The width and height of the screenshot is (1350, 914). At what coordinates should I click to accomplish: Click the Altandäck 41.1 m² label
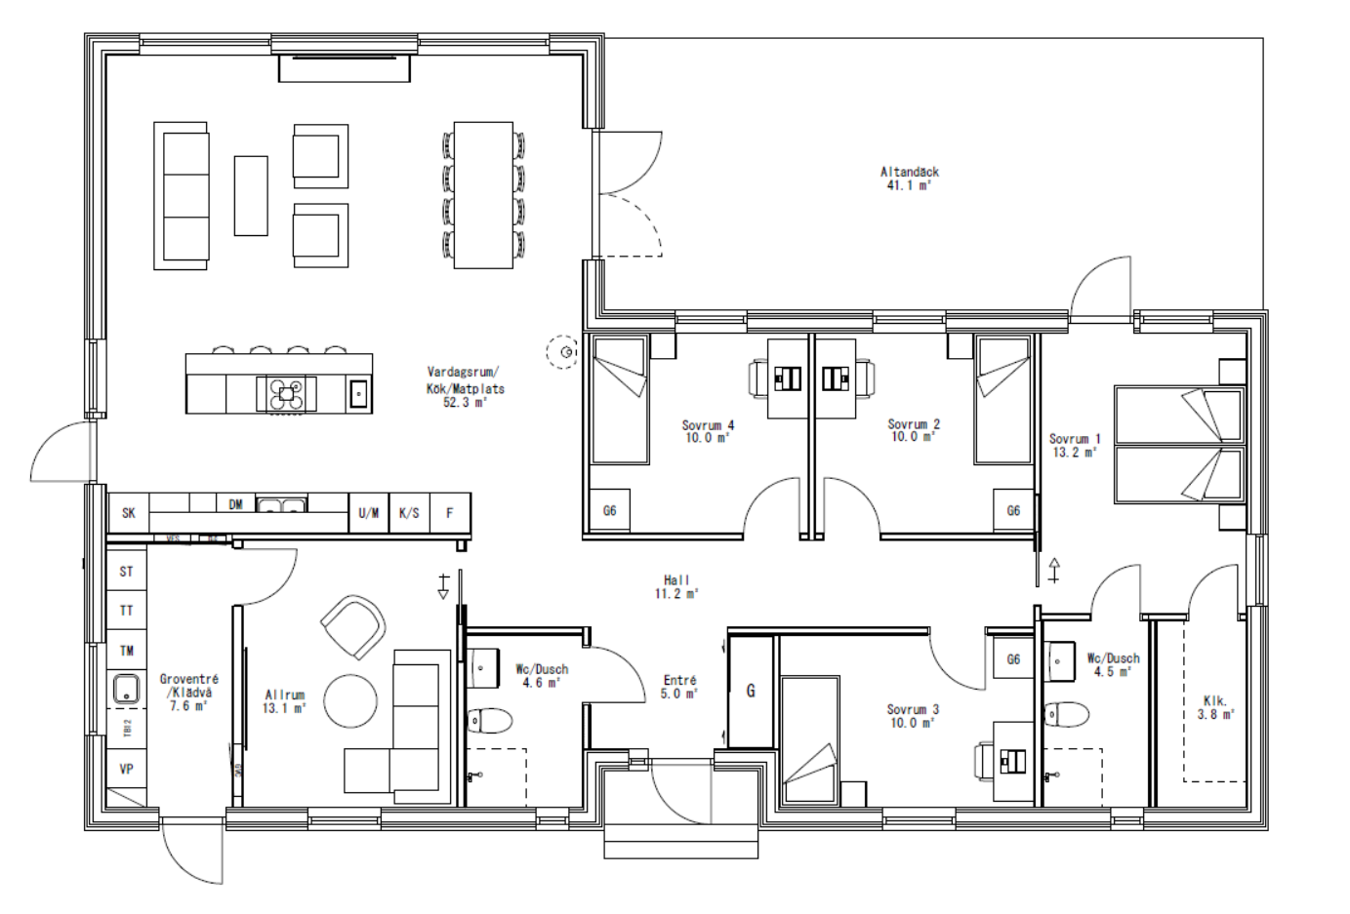pyautogui.click(x=909, y=179)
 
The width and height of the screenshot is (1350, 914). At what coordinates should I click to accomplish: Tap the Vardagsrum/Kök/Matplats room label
pyautogui.click(x=465, y=387)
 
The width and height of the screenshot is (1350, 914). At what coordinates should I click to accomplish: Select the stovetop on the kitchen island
pyautogui.click(x=286, y=394)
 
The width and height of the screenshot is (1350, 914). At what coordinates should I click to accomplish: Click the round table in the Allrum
pyautogui.click(x=350, y=701)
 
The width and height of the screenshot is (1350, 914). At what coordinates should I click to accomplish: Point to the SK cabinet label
pyautogui.click(x=129, y=513)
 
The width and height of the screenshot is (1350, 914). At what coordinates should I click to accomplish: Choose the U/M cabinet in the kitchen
pyautogui.click(x=369, y=513)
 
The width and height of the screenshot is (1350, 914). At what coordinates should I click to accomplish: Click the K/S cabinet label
pyautogui.click(x=409, y=513)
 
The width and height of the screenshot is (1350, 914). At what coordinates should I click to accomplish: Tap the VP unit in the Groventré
pyautogui.click(x=127, y=770)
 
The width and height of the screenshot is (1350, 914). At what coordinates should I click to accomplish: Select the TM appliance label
pyautogui.click(x=127, y=651)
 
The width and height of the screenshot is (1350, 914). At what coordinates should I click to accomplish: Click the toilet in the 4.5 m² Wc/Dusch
pyautogui.click(x=1065, y=714)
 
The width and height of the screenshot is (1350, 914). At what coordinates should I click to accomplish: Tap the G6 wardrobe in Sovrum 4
pyautogui.click(x=610, y=510)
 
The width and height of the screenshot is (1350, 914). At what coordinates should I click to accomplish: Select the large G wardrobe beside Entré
pyautogui.click(x=751, y=692)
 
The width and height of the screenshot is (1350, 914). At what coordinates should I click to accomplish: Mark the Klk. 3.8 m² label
pyautogui.click(x=1215, y=707)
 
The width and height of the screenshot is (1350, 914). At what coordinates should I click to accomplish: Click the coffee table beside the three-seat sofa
pyautogui.click(x=251, y=195)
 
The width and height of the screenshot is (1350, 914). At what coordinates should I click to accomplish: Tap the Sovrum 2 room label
pyautogui.click(x=913, y=430)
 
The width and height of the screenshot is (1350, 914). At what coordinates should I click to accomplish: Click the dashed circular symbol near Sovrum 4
pyautogui.click(x=562, y=351)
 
